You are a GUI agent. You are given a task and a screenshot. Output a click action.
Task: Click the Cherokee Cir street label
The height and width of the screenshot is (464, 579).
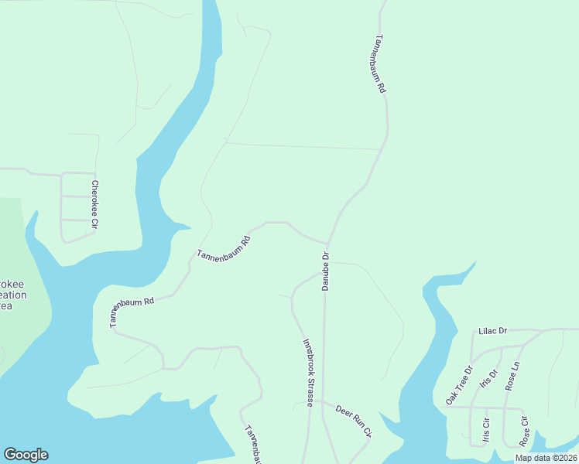click(x=94, y=204)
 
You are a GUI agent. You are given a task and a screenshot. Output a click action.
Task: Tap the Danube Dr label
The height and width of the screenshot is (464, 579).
click(x=326, y=271)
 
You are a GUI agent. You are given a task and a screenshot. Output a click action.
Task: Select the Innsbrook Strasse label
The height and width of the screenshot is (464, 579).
click(x=308, y=372)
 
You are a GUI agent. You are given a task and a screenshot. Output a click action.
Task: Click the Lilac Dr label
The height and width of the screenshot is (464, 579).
click(x=492, y=331)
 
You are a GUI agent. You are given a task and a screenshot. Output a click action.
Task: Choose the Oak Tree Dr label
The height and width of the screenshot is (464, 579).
click(x=458, y=386)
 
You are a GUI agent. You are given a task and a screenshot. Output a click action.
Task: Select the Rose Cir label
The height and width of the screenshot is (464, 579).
click(x=524, y=432)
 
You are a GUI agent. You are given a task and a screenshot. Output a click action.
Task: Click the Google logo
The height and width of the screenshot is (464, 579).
click(x=26, y=455)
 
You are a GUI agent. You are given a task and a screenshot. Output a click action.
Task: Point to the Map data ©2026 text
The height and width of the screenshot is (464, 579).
click(x=546, y=458)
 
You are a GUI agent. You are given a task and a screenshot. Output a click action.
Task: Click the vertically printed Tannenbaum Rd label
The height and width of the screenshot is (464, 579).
click(x=380, y=64)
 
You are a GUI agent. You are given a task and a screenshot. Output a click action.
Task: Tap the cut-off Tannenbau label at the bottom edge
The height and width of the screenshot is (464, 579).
click(x=254, y=445)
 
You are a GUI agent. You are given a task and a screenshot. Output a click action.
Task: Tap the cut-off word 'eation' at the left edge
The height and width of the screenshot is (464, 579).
click(x=13, y=295)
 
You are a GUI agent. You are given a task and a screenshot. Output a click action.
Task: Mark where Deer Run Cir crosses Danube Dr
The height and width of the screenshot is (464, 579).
click(x=323, y=403)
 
